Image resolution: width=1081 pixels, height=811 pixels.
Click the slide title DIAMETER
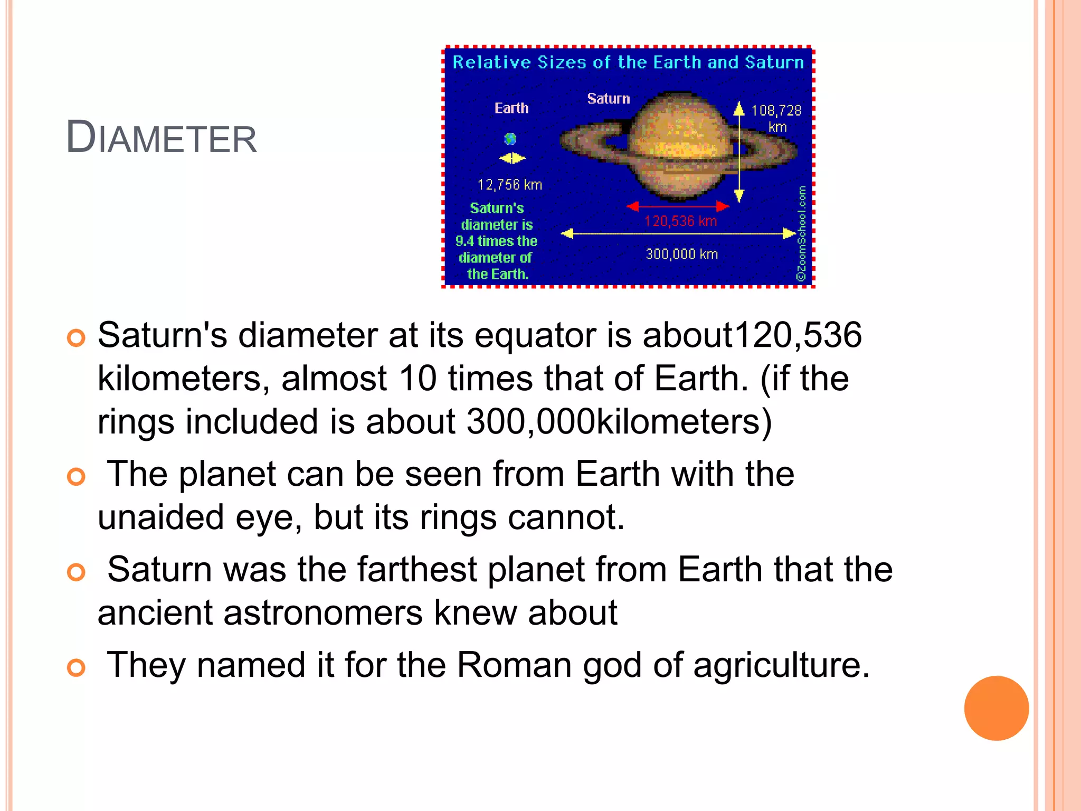point(161,138)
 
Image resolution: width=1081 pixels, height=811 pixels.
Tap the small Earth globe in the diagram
point(510,139)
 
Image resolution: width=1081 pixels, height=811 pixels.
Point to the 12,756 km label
point(510,185)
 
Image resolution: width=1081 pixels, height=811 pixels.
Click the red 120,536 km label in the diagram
point(680,221)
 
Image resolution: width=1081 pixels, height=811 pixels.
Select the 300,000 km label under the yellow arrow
point(682,254)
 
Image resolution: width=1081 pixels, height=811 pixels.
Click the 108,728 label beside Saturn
point(776,110)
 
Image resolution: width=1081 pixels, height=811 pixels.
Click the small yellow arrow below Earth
point(512,158)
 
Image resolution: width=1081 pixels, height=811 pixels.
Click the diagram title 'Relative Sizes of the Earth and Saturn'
point(628,62)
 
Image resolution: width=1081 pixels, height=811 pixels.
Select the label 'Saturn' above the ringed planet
point(609,99)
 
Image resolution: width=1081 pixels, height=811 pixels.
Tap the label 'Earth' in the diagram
point(511,108)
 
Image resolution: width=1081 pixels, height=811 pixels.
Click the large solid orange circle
point(996,708)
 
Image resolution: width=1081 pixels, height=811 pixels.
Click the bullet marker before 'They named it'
point(77,668)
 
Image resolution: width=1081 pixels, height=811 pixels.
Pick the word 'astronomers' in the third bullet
point(323,613)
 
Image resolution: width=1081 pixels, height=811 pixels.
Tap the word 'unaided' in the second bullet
point(161,517)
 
